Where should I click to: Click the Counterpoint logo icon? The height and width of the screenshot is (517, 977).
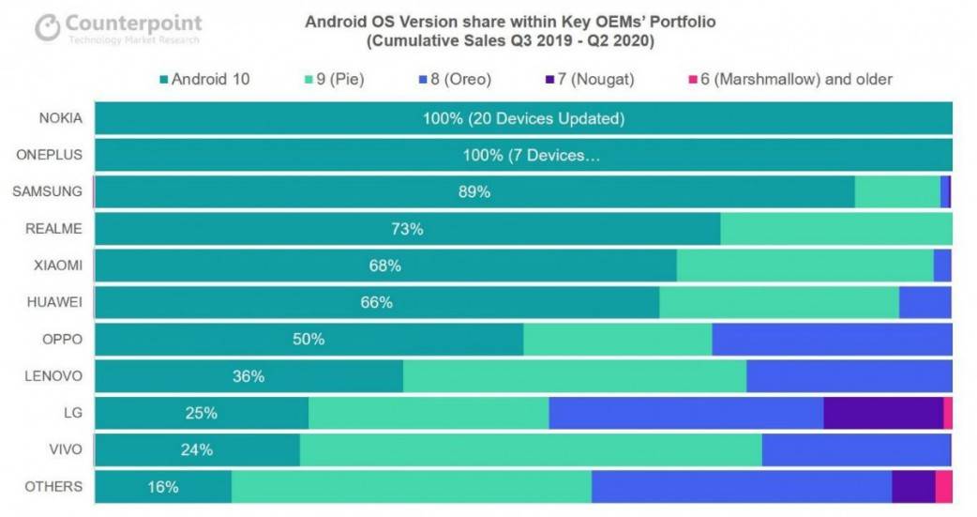tap(48, 28)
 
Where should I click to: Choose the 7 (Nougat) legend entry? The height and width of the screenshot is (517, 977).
tap(589, 80)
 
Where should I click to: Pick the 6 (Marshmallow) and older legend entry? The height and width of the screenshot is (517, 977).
tap(790, 80)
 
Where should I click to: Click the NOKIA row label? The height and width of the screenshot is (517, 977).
tap(61, 118)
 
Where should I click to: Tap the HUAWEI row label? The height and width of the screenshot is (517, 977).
tap(56, 302)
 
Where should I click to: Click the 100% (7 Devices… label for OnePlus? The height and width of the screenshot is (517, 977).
tap(531, 156)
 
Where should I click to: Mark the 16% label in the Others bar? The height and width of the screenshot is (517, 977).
tap(163, 487)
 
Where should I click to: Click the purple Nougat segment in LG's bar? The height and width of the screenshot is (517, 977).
tap(882, 413)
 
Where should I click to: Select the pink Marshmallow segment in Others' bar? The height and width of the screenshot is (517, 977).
tap(943, 486)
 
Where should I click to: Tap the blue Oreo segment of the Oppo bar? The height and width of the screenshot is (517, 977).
tap(832, 339)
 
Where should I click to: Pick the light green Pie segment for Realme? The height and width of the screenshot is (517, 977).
tap(835, 229)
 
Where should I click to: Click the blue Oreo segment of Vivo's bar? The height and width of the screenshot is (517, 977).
tap(855, 449)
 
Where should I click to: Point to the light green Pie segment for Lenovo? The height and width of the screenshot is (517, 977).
tap(574, 376)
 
